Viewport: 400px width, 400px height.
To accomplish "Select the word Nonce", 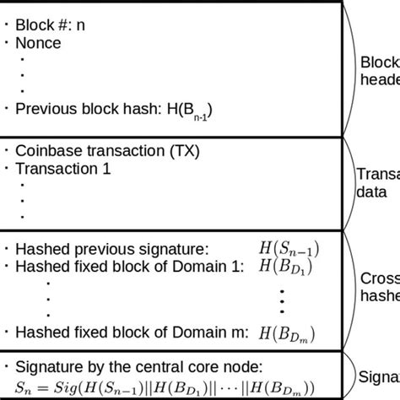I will [39, 43].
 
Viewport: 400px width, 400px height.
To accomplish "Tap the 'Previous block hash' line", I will [110, 108].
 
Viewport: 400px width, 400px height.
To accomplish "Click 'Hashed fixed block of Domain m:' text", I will [131, 332].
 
